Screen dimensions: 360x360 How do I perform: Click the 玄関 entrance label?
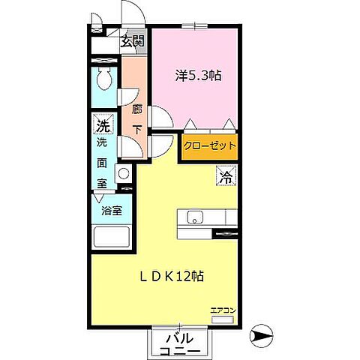133,41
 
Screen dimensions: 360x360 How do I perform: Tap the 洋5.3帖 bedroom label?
198,75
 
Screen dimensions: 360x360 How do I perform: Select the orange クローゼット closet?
209,147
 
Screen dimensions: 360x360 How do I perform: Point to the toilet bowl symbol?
105,78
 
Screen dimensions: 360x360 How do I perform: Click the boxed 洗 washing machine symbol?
103,124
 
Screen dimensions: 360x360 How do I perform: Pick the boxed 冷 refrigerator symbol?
226,176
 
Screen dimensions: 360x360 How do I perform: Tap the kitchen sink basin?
195,217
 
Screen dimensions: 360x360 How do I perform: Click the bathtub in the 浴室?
112,236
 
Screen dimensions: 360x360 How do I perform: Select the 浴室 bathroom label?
112,211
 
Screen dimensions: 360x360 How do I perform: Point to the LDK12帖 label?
172,277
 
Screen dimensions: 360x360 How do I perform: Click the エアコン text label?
223,310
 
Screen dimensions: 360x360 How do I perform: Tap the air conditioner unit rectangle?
223,319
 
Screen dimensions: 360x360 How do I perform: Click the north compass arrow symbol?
262,336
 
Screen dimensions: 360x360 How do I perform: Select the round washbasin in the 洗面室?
123,173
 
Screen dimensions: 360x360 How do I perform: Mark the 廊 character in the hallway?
136,109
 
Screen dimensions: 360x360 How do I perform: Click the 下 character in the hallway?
136,129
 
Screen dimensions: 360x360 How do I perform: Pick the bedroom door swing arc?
160,117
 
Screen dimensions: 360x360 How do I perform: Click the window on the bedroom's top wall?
195,25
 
